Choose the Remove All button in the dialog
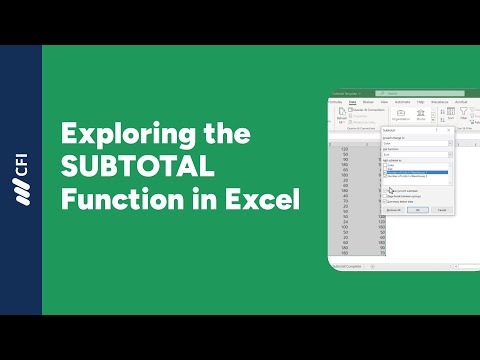pyautogui.click(x=394, y=210)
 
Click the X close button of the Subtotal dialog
pyautogui.click(x=450, y=129)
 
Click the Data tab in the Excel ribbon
pyautogui.click(x=354, y=102)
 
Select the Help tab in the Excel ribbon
pyautogui.click(x=421, y=102)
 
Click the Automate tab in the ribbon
pyautogui.click(x=402, y=102)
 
